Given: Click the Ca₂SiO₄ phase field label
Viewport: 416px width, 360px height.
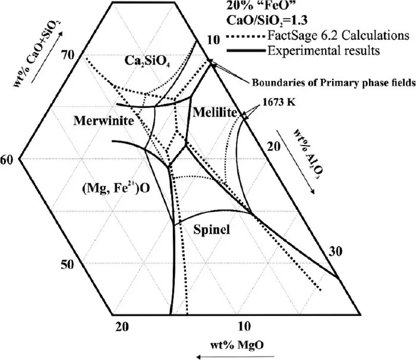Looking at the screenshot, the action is [147, 61].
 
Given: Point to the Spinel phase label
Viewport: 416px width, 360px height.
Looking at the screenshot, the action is [212, 229].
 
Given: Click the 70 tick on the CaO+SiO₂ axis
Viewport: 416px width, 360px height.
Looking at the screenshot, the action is [67, 55].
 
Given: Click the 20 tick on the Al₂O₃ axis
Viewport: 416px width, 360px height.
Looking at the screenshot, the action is [273, 146].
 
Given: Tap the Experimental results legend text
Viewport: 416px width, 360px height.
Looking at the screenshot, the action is [323, 50].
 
